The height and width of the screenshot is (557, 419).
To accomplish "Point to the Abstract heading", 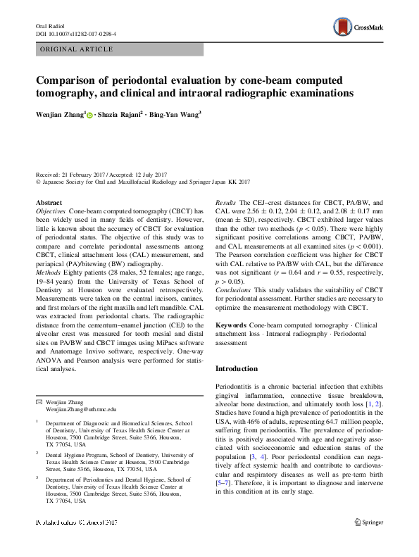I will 49,202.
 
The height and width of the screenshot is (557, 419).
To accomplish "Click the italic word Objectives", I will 51,211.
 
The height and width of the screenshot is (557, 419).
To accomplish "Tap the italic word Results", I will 225,202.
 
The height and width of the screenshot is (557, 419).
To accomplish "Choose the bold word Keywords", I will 230,325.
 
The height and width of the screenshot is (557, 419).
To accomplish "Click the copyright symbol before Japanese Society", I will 38,182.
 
